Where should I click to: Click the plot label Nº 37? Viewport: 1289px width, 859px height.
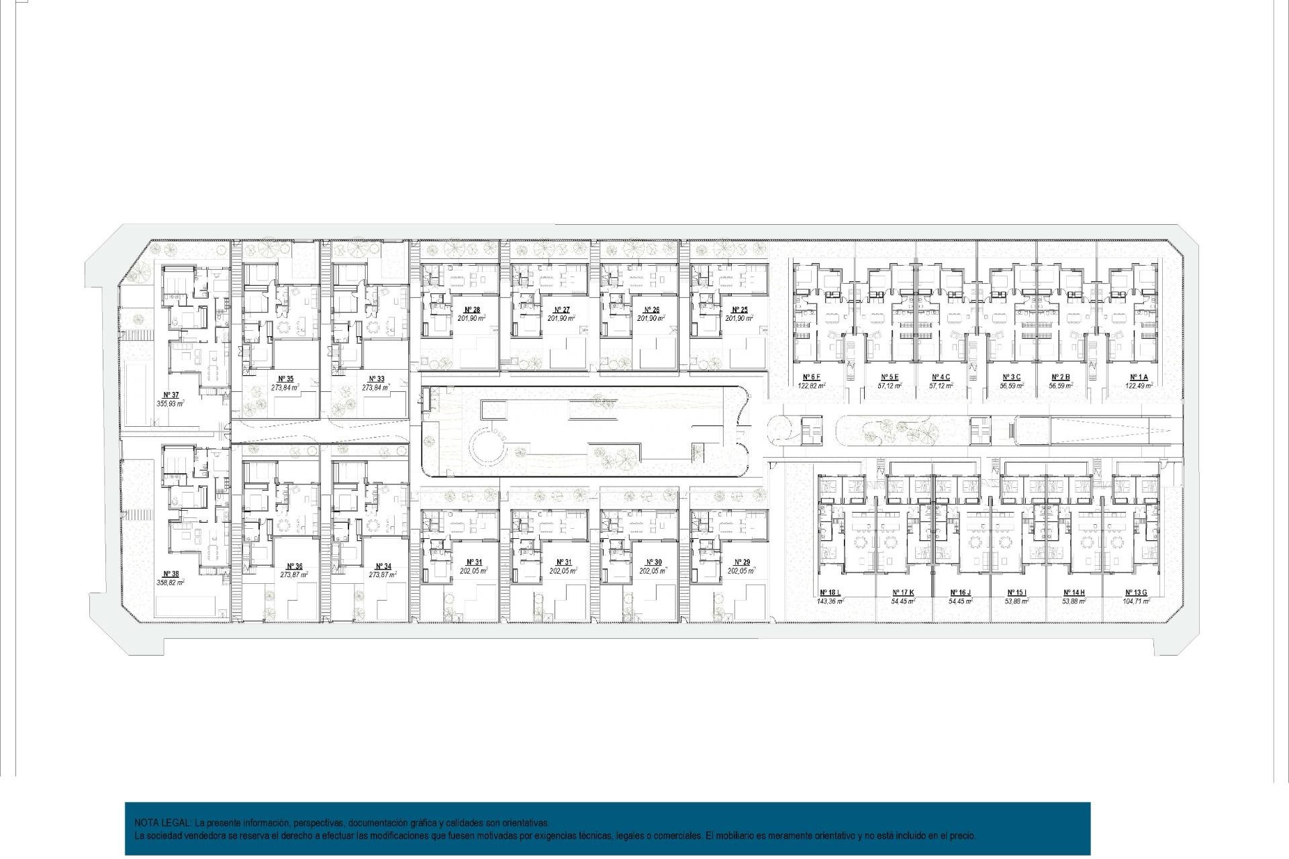171,395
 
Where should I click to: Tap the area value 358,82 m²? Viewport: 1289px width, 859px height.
171,583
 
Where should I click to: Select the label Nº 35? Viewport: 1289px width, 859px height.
285,379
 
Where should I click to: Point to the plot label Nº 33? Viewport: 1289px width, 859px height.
376,379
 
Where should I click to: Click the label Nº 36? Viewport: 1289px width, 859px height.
294,566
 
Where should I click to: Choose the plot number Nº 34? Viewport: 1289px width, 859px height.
383,566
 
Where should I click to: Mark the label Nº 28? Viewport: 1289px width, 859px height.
472,310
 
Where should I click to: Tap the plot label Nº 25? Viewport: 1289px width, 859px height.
740,310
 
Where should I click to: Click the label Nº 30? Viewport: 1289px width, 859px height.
653,562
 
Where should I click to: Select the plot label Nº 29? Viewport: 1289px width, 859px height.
742,562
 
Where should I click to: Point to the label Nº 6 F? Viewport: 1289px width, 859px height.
811,377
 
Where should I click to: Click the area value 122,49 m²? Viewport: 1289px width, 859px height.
1139,386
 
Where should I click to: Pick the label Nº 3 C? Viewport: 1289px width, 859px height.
1011,377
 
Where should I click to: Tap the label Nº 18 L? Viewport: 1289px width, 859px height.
830,593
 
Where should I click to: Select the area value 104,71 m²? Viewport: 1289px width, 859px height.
1136,601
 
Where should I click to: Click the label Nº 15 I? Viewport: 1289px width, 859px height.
1016,593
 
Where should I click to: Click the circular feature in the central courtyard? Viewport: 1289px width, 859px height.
489,446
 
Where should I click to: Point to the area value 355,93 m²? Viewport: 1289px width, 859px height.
171,404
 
